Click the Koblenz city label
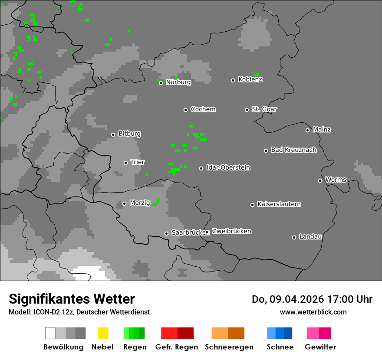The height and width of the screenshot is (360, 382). click(x=250, y=79)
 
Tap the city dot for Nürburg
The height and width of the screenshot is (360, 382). click(x=161, y=83)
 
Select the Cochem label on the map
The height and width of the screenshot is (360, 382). click(x=203, y=109)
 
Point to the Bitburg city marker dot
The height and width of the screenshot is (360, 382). click(x=113, y=134)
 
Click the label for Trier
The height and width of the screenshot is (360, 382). click(x=138, y=162)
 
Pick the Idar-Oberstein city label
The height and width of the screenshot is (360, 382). click(x=228, y=167)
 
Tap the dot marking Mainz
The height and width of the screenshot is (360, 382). click(x=307, y=130)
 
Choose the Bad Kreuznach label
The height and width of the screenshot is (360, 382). click(x=293, y=150)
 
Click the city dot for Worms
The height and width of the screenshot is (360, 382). click(x=320, y=180)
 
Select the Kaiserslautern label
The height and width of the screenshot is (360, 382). click(x=279, y=204)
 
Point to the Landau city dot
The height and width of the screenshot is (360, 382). click(x=294, y=237)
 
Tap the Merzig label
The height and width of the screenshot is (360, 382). click(x=140, y=203)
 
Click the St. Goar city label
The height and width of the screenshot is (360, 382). click(x=264, y=109)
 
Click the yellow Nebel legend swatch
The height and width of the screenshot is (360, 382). click(x=103, y=333)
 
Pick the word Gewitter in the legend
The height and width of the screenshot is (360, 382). click(x=320, y=347)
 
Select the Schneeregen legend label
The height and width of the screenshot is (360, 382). click(x=228, y=347)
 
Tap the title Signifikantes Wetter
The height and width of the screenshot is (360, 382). click(x=72, y=299)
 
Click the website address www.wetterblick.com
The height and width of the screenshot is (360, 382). click(x=313, y=312)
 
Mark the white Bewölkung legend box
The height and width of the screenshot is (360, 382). click(x=50, y=333)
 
